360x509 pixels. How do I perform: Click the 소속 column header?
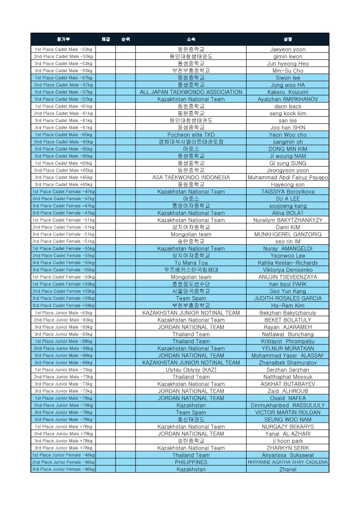pyautogui.click(x=191, y=39)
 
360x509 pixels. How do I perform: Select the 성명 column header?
pyautogui.click(x=287, y=39)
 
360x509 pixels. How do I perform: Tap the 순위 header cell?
pyautogui.click(x=126, y=39)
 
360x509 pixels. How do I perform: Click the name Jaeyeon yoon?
pyautogui.click(x=287, y=49)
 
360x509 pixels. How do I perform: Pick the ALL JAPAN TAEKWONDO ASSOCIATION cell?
pyautogui.click(x=191, y=92)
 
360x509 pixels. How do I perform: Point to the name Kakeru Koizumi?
pyautogui.click(x=287, y=92)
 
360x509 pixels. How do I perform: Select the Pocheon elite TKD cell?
pyautogui.click(x=191, y=135)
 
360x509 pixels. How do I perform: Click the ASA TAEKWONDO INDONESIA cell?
pyautogui.click(x=191, y=177)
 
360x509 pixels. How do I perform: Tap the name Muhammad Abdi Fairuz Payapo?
pyautogui.click(x=287, y=177)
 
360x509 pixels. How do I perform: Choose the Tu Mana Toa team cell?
pyautogui.click(x=191, y=263)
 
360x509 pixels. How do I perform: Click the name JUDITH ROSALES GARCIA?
pyautogui.click(x=287, y=299)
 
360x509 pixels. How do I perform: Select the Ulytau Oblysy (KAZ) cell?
pyautogui.click(x=191, y=370)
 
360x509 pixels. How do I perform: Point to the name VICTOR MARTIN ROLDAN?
pyautogui.click(x=287, y=412)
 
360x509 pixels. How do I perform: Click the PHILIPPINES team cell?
pyautogui.click(x=191, y=462)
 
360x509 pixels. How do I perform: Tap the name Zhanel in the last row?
pyautogui.click(x=287, y=470)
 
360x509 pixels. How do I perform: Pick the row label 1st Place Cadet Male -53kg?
pyautogui.click(x=63, y=49)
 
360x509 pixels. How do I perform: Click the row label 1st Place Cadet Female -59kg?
pyautogui.click(x=63, y=277)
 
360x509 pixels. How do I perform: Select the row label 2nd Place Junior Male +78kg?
pyautogui.click(x=63, y=434)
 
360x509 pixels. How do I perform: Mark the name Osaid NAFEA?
pyautogui.click(x=287, y=398)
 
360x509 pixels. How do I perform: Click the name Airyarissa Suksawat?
pyautogui.click(x=287, y=455)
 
